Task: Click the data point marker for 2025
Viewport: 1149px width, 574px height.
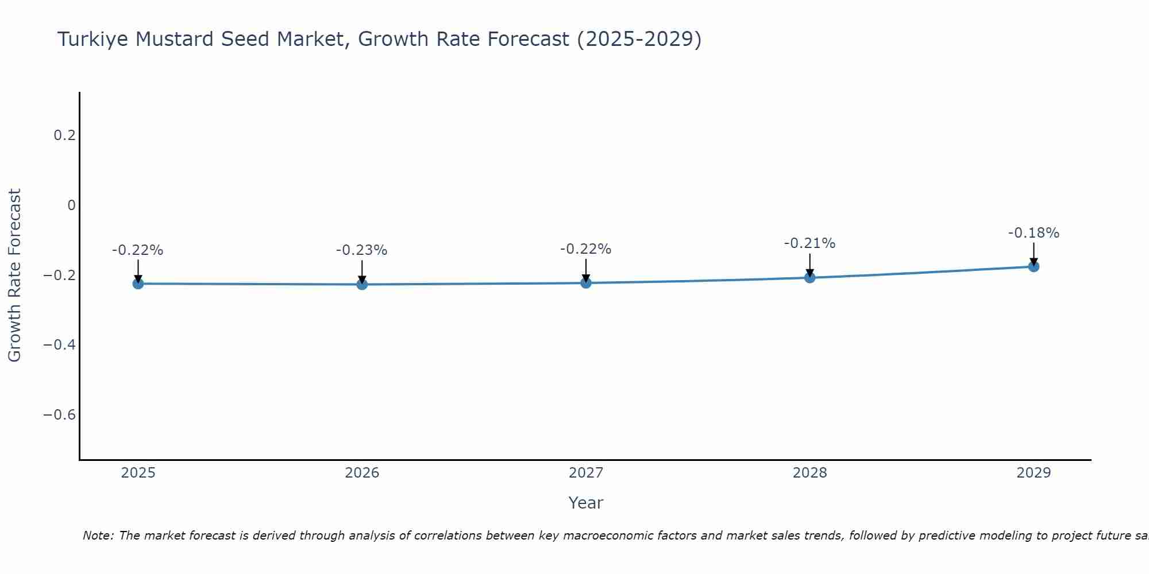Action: tap(138, 284)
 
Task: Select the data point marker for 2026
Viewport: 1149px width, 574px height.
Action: tap(362, 284)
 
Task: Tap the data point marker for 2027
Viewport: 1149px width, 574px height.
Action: tap(586, 283)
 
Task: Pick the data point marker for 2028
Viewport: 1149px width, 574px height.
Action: tap(809, 278)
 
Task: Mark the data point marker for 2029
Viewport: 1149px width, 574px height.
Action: tap(1034, 266)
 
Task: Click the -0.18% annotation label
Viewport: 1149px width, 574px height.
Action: tap(1034, 233)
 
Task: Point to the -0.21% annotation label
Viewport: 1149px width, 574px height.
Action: tap(809, 243)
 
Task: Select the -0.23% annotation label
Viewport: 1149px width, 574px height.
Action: tap(362, 250)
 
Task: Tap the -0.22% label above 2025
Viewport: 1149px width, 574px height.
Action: tap(138, 250)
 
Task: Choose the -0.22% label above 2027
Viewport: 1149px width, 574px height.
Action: tap(586, 249)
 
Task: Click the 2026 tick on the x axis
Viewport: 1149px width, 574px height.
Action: tap(362, 473)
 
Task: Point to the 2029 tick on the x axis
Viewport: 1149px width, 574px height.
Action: tap(1034, 473)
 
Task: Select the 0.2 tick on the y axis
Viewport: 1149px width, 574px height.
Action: tap(64, 135)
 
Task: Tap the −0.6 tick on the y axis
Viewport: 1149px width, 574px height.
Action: tap(59, 414)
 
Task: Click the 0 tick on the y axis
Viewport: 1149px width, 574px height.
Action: tap(71, 205)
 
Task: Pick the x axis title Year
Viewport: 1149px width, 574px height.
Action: tap(585, 503)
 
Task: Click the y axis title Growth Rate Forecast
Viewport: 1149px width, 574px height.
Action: tap(14, 276)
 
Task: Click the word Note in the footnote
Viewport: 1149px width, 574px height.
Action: tap(98, 536)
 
